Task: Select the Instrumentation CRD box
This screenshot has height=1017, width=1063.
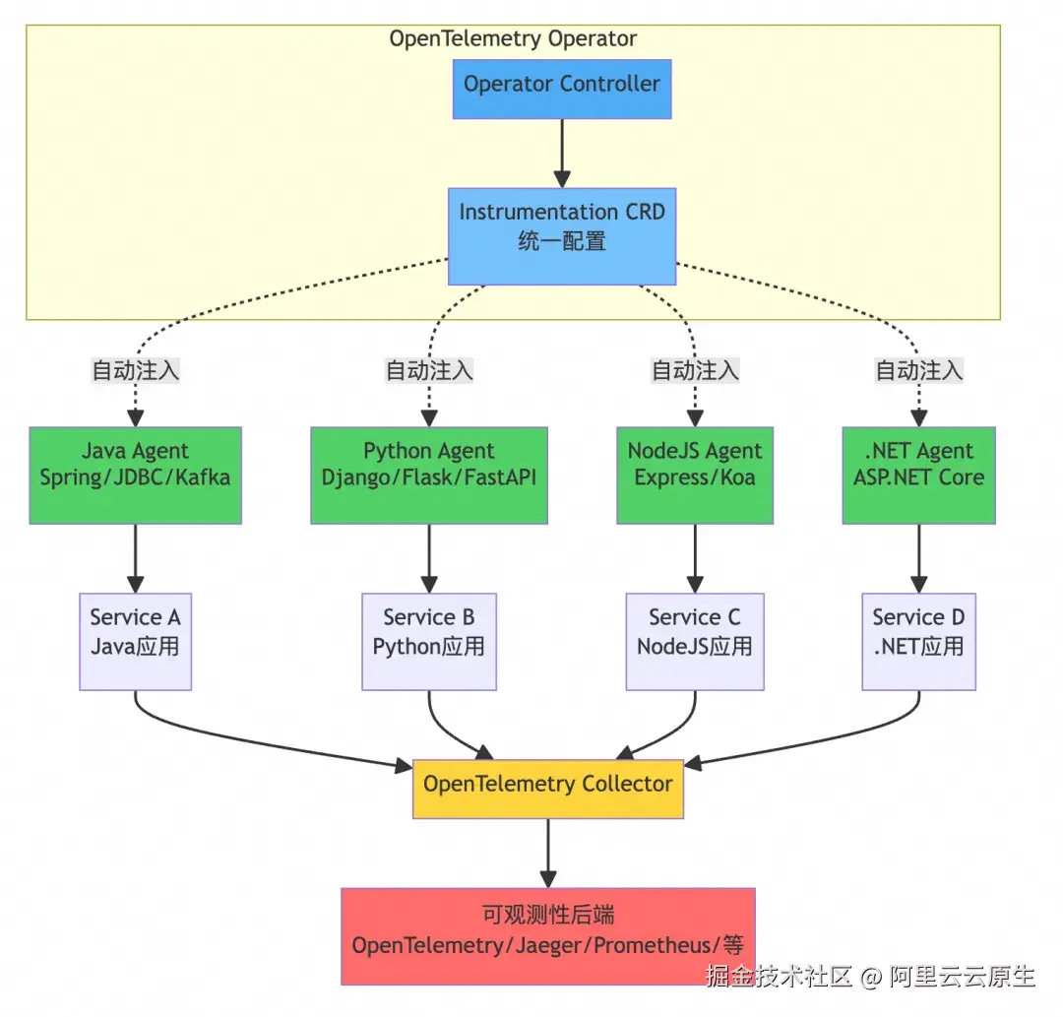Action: point(561,236)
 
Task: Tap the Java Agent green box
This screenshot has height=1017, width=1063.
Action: point(135,475)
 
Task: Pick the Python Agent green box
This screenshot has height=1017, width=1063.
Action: point(428,475)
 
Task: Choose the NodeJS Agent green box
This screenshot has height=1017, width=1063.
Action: point(695,475)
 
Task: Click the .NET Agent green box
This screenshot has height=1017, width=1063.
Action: point(918,475)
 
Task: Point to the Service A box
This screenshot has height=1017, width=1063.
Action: point(135,641)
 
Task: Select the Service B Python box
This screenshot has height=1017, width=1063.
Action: point(428,641)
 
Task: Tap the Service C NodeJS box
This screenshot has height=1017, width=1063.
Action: point(695,641)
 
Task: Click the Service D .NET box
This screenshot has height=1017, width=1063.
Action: point(918,641)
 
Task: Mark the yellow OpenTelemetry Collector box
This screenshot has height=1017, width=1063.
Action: point(547,789)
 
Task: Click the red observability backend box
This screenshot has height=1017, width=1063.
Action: point(547,935)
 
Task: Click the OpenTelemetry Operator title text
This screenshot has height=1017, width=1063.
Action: point(513,39)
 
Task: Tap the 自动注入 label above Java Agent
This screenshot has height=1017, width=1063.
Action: point(136,371)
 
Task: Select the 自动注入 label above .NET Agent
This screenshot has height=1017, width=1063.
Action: point(919,371)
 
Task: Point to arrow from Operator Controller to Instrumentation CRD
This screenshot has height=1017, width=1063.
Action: point(561,153)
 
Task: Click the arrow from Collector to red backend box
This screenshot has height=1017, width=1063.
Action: point(547,853)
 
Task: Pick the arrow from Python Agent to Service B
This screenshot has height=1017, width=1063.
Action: point(429,558)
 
